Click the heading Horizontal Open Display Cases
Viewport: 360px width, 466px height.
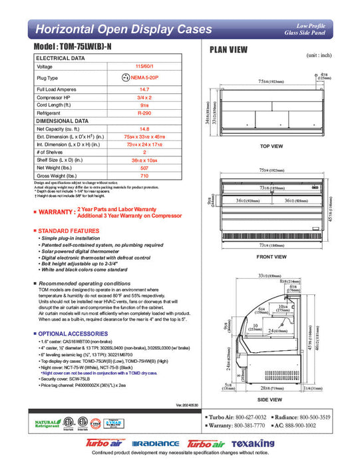(x=114, y=29)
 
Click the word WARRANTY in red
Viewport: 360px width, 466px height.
(x=55, y=212)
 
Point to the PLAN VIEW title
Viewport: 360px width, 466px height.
(x=229, y=49)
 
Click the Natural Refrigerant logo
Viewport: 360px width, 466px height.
(x=47, y=423)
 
